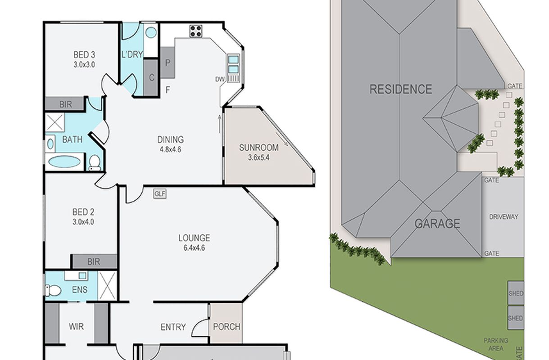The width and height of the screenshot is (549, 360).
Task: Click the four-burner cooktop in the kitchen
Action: [x=196, y=31]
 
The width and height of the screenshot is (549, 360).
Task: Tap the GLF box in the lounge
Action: [x=160, y=194]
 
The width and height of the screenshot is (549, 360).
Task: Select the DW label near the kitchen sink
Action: [x=220, y=79]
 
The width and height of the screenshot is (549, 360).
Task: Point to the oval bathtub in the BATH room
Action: [x=64, y=162]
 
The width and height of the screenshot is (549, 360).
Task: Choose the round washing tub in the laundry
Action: [x=151, y=32]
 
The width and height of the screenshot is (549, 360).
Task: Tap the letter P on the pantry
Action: [x=168, y=63]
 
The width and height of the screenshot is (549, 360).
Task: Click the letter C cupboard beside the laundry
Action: [x=152, y=78]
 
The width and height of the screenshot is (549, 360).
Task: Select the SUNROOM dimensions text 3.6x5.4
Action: [x=259, y=157]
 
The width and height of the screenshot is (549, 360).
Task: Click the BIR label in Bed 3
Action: [x=66, y=104]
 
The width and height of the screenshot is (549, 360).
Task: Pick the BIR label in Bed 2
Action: [x=94, y=262]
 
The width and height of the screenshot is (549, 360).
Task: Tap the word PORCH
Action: [x=227, y=326]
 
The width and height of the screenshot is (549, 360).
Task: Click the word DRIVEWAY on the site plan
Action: [x=504, y=217]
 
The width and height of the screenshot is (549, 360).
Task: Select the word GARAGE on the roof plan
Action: [x=437, y=224]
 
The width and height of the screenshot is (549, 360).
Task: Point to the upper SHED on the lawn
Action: [x=516, y=293]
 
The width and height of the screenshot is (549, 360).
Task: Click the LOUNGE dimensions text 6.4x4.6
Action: [x=194, y=248]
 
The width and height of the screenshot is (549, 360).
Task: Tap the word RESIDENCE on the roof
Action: [x=401, y=89]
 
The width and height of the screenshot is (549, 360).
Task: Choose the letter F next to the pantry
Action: [x=168, y=90]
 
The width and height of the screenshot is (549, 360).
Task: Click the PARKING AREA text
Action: [x=496, y=344]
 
